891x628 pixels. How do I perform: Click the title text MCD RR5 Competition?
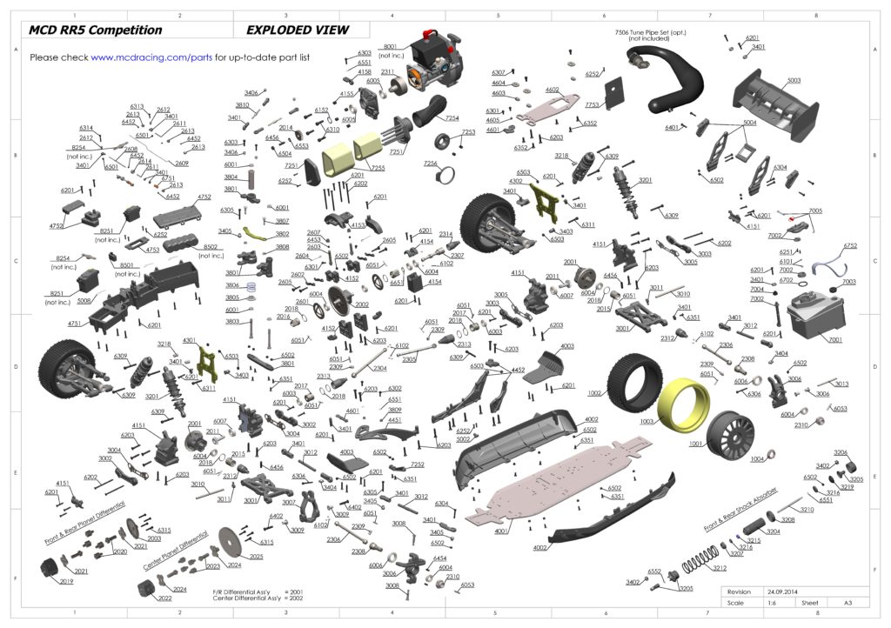96,30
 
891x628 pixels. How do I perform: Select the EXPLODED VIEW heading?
298,30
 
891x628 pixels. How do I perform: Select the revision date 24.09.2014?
779,591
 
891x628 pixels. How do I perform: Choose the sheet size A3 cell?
834,602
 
